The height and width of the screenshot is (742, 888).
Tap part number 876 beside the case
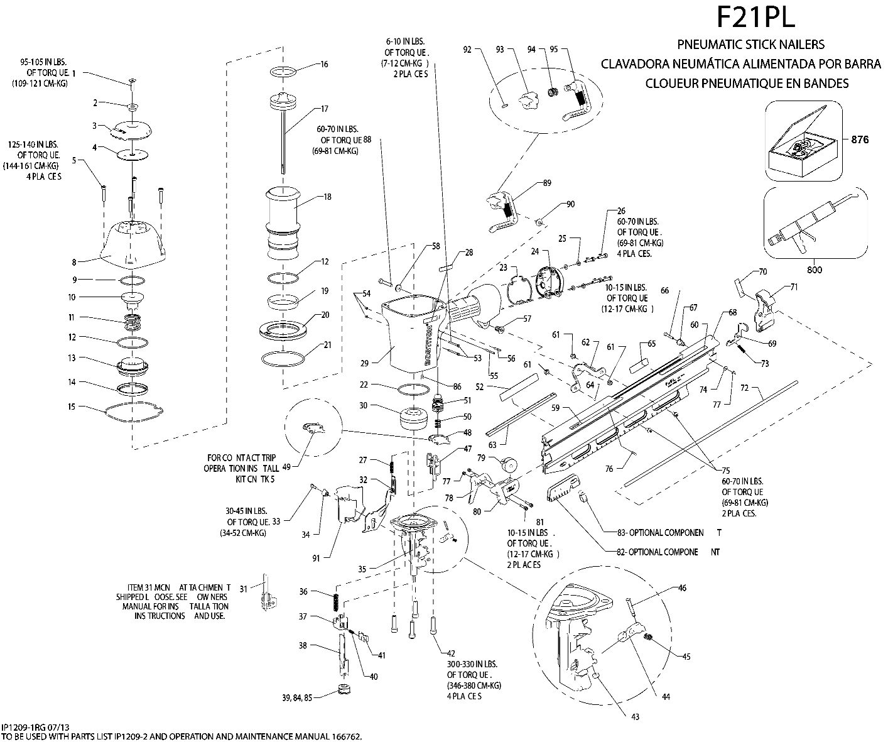pos(859,139)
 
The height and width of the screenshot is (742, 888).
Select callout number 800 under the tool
pos(814,270)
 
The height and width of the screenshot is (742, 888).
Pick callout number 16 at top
pos(324,64)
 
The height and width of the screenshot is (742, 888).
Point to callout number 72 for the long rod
pos(744,388)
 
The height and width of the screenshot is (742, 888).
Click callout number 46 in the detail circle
pos(683,589)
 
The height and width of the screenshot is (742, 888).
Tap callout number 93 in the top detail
pos(501,50)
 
